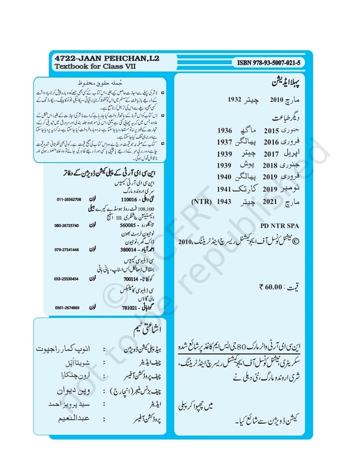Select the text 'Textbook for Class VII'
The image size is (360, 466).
coord(88,67)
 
